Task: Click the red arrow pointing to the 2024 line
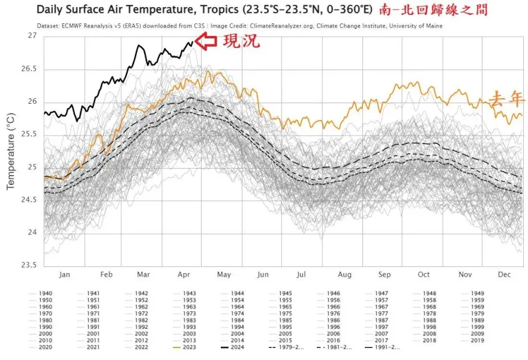click(x=208, y=41)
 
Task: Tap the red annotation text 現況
click(x=241, y=41)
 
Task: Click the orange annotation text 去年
click(x=506, y=100)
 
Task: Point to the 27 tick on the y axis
click(x=31, y=36)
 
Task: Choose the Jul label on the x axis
click(x=301, y=274)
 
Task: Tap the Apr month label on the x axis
click(x=184, y=274)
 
